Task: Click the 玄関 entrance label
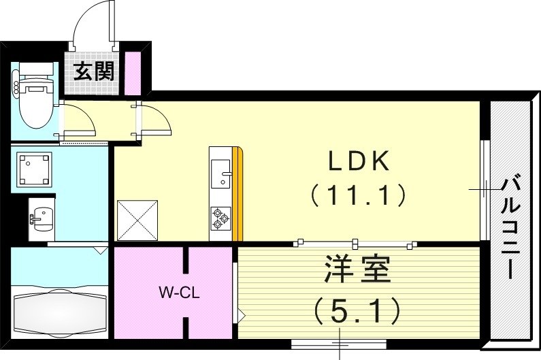95,71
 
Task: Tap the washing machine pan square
35,169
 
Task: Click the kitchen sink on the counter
221,174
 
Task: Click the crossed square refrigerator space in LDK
137,220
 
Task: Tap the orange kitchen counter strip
237,194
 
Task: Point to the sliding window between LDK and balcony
484,190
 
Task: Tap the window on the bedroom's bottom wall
338,344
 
